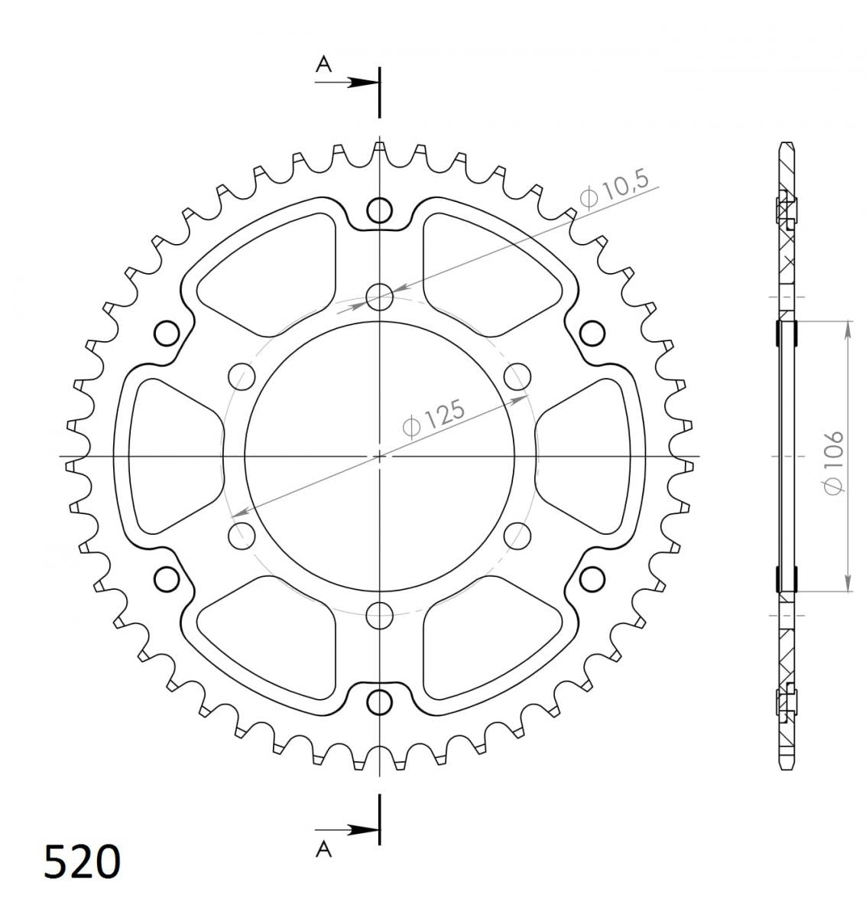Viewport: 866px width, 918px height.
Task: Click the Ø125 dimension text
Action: point(433,417)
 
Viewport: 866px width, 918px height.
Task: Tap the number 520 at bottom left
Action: point(82,861)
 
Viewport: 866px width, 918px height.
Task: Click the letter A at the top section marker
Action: point(323,64)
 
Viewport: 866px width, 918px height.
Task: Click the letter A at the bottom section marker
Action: point(323,849)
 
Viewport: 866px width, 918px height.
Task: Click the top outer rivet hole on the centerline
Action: point(379,210)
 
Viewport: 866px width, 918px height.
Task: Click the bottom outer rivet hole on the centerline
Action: point(379,702)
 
